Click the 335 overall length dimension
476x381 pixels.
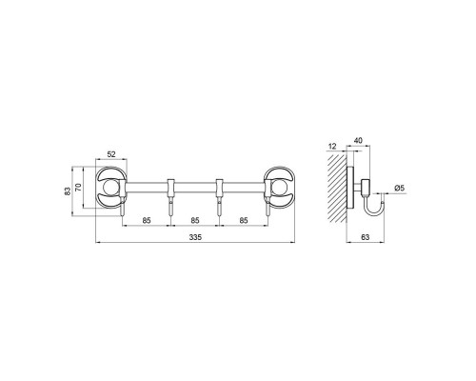tap(195, 237)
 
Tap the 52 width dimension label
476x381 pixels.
tap(111, 154)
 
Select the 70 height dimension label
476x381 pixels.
tap(78, 187)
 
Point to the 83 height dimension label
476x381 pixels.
tap(68, 191)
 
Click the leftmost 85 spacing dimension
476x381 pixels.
tap(147, 220)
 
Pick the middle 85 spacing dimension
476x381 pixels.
tap(195, 220)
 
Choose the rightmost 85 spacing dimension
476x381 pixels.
tap(244, 220)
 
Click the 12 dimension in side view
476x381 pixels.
tap(332, 147)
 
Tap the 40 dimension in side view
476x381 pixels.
tap(358, 140)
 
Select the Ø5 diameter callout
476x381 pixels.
tap(400, 188)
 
